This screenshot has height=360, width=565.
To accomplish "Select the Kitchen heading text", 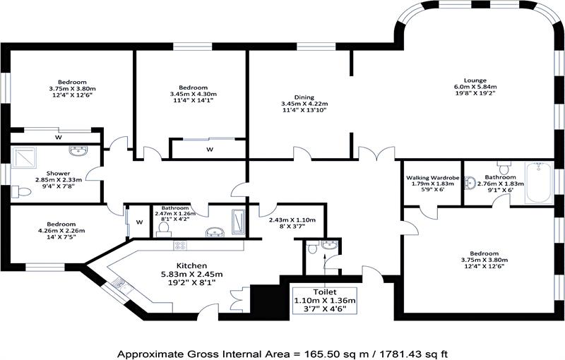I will [x=192, y=265].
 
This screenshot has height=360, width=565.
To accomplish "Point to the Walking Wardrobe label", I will [x=430, y=176].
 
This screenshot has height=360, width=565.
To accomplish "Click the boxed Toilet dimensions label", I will [x=324, y=299].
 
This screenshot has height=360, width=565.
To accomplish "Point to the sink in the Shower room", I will [x=78, y=151].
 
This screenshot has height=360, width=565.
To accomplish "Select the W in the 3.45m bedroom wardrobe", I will [x=210, y=150].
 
